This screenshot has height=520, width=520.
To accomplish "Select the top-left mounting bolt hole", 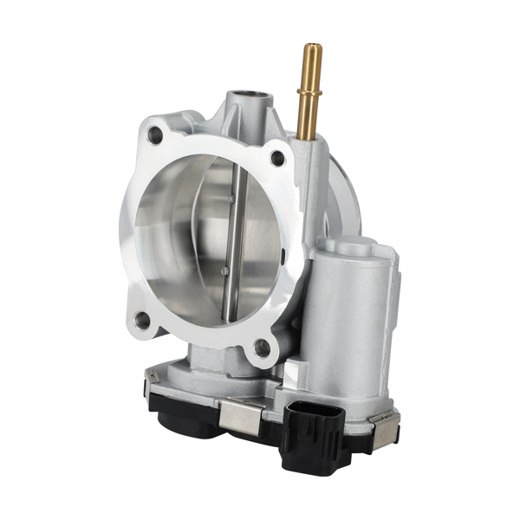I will pos(155,134).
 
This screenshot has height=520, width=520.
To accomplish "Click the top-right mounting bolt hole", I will pos(277,158).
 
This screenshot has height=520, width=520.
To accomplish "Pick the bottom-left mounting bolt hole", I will pos(143,321).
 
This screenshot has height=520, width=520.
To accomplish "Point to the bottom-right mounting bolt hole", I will pos(262,348).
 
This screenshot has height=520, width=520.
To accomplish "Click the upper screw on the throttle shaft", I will pos(231,198).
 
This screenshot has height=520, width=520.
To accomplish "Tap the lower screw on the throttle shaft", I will pos(225,271).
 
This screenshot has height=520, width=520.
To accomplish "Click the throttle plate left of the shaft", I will pos(186,243).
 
